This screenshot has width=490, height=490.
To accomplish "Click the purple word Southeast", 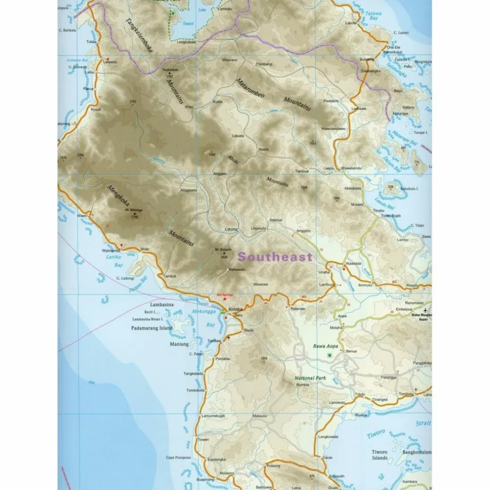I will [x=275, y=257].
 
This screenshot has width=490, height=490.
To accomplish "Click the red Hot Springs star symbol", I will [x=225, y=298].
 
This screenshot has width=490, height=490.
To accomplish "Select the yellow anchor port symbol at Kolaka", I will [x=224, y=311].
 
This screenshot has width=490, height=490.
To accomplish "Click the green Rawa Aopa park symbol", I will [x=329, y=355].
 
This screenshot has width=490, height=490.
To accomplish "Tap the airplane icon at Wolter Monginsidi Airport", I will [x=426, y=309].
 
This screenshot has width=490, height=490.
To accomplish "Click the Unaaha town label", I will [x=324, y=272].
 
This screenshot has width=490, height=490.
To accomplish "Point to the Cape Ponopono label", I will [x=178, y=457].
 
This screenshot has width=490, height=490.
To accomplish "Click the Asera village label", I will [x=263, y=149].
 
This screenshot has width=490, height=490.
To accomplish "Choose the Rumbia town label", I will [x=303, y=384].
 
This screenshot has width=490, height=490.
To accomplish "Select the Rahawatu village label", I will [x=238, y=270].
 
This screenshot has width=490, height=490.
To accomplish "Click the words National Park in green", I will [x=310, y=378].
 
